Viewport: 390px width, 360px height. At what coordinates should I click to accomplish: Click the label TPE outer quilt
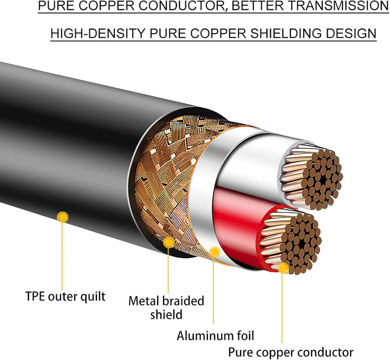pyautogui.click(x=66, y=297)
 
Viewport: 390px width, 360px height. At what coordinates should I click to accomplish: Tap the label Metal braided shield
pyautogui.click(x=166, y=307)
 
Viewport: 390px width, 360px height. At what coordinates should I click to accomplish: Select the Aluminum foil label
pyautogui.click(x=216, y=336)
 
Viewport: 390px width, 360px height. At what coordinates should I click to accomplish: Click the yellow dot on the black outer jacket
pyautogui.click(x=62, y=217)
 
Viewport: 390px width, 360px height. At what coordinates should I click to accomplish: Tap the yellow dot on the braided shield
pyautogui.click(x=168, y=242)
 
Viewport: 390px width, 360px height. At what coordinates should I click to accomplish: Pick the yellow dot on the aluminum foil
pyautogui.click(x=214, y=252)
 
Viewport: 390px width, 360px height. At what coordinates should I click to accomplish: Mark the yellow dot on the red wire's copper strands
pyautogui.click(x=283, y=268)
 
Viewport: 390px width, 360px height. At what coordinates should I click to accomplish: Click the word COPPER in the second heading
pyautogui.click(x=218, y=34)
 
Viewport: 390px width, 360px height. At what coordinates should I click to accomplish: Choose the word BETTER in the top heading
pyautogui.click(x=257, y=6)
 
